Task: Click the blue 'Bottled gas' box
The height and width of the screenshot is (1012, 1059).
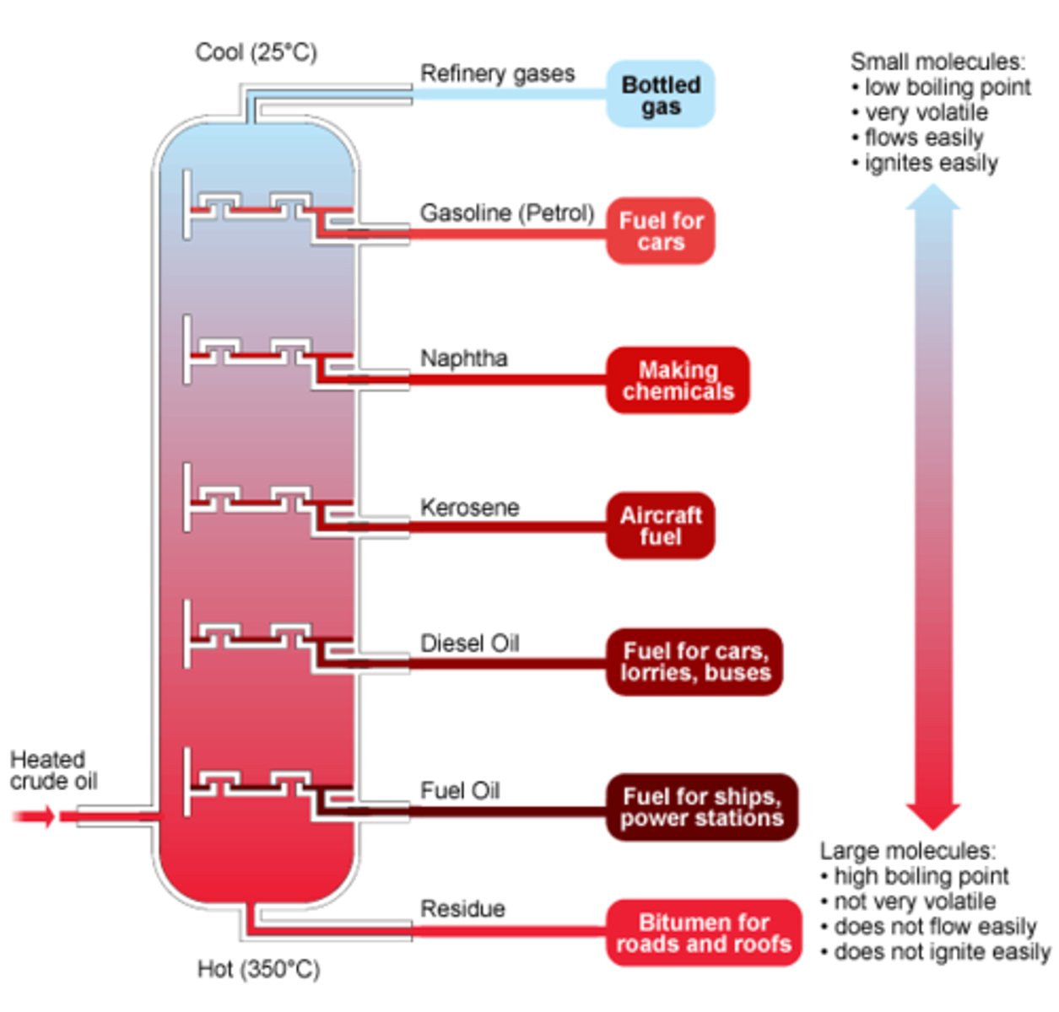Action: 660,94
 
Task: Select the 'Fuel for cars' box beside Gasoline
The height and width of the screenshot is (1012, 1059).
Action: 660,231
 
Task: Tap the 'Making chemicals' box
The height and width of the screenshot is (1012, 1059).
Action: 678,380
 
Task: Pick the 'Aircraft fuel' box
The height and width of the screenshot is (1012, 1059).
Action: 660,525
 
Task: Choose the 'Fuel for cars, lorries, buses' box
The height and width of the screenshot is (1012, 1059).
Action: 694,662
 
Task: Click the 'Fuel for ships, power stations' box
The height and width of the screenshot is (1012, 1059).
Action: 701,807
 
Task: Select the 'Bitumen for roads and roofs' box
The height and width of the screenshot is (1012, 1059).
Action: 703,933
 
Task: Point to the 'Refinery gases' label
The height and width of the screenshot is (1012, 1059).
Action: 497,74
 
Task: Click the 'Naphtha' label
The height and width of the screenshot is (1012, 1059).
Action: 463,358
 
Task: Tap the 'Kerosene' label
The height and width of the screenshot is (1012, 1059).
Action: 469,508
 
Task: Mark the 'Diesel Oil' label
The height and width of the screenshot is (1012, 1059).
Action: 469,643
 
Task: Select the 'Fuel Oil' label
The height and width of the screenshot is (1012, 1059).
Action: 459,791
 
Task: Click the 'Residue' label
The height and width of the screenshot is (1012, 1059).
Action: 462,909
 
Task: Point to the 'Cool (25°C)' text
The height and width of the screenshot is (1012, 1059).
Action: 256,52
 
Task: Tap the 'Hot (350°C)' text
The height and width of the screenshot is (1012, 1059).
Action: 258,969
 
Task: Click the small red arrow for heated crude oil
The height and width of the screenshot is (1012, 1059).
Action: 34,816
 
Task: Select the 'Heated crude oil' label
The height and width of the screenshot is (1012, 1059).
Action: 52,770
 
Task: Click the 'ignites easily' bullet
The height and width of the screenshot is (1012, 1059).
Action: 930,163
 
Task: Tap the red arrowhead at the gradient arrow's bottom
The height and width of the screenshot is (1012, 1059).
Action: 932,816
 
